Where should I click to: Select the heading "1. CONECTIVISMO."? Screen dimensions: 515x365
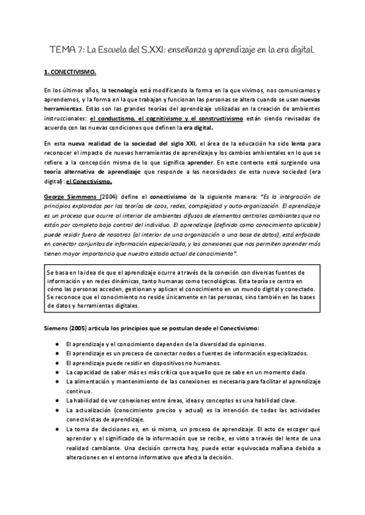click(x=70, y=72)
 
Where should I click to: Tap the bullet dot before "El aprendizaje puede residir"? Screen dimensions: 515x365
click(x=56, y=363)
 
